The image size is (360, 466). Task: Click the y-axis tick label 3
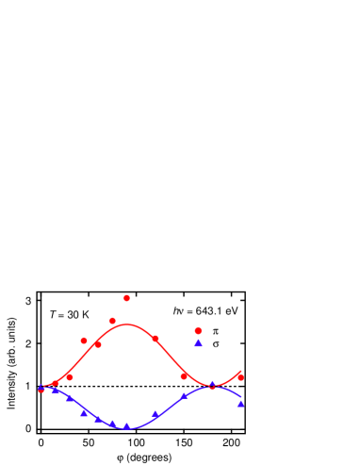click(x=28, y=301)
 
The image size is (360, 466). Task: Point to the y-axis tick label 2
click(x=28, y=344)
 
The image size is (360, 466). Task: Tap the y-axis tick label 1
click(x=28, y=386)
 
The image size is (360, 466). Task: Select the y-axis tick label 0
click(x=28, y=428)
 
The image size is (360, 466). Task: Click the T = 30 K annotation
click(x=69, y=315)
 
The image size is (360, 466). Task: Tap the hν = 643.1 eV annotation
click(x=205, y=310)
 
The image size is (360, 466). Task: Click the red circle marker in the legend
click(x=198, y=331)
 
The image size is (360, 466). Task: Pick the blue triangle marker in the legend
click(x=198, y=343)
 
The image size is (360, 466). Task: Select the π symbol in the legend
click(x=216, y=331)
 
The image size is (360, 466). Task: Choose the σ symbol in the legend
click(x=216, y=344)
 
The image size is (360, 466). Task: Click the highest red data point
click(x=126, y=298)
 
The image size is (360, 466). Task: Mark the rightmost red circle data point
click(x=240, y=376)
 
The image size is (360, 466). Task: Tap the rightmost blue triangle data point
click(x=240, y=403)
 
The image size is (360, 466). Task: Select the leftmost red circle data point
click(x=41, y=389)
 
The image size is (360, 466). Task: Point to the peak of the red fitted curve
click(x=127, y=325)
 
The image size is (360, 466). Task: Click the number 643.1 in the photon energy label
click(x=208, y=310)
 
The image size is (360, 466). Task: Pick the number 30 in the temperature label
click(x=72, y=315)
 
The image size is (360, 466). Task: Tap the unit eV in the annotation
click(x=230, y=310)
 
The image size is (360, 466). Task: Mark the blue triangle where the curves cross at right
click(x=212, y=385)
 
